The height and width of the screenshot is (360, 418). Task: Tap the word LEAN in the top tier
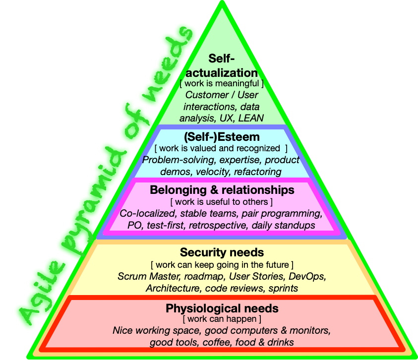point(251,118)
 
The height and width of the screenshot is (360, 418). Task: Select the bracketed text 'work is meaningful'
point(222,84)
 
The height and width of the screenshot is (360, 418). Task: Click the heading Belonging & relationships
point(222,190)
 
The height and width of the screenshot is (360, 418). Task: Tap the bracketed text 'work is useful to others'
point(222,202)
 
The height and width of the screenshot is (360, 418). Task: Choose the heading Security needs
point(222,252)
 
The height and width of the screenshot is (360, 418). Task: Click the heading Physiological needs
point(222,308)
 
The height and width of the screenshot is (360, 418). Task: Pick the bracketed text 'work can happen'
point(222,319)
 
